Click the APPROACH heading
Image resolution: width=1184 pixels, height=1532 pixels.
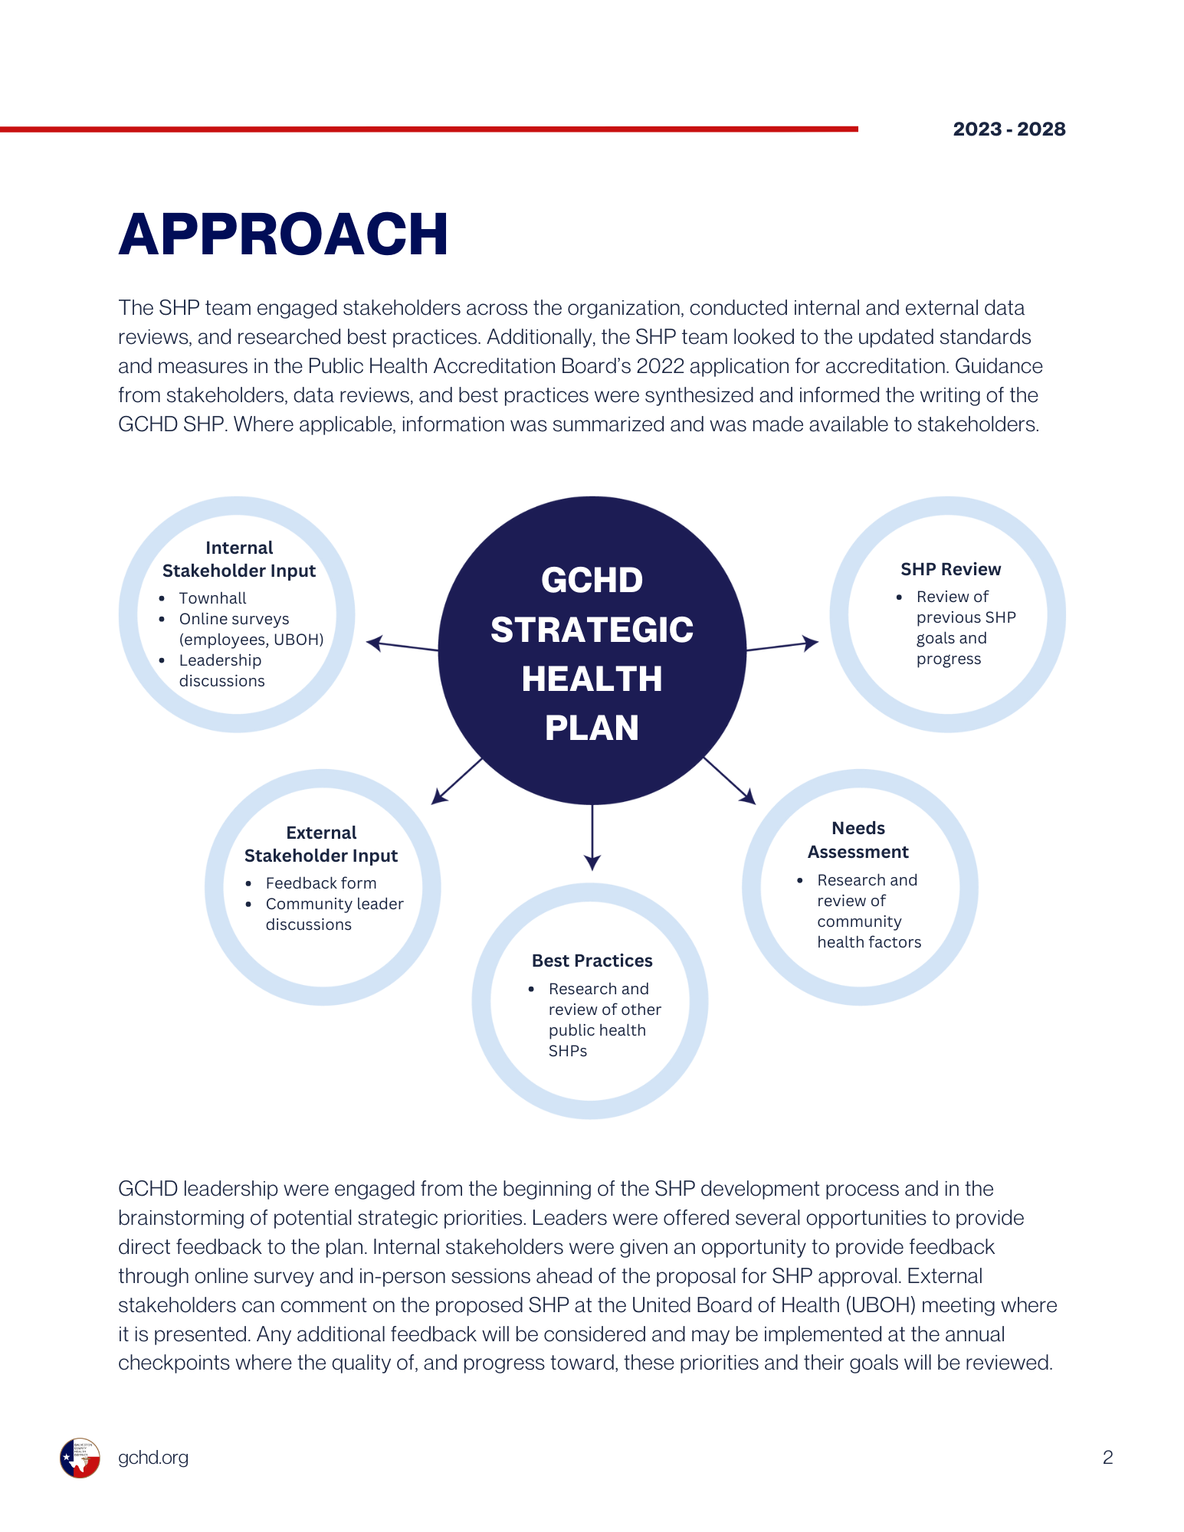284,234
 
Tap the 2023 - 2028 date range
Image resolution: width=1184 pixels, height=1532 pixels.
1009,129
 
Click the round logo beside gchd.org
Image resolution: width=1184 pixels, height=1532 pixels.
80,1458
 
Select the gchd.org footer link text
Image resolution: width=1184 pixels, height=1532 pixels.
153,1458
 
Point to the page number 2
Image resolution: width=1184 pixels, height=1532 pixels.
1107,1458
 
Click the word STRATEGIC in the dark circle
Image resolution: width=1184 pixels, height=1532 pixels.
592,630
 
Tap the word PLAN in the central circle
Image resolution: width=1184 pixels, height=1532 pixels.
592,728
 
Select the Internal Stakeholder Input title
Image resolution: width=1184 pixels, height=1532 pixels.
239,559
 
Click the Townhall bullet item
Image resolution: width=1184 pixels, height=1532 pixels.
212,598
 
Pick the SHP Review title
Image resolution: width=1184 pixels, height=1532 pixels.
950,569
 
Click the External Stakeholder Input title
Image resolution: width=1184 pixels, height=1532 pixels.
321,844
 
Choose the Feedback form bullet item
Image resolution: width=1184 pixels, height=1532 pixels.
320,883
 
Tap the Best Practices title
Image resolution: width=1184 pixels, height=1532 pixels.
592,961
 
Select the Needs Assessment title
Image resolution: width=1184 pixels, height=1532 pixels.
858,840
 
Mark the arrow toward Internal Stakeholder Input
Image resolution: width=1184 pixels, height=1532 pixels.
402,646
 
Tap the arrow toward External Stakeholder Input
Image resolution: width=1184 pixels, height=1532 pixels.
457,781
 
